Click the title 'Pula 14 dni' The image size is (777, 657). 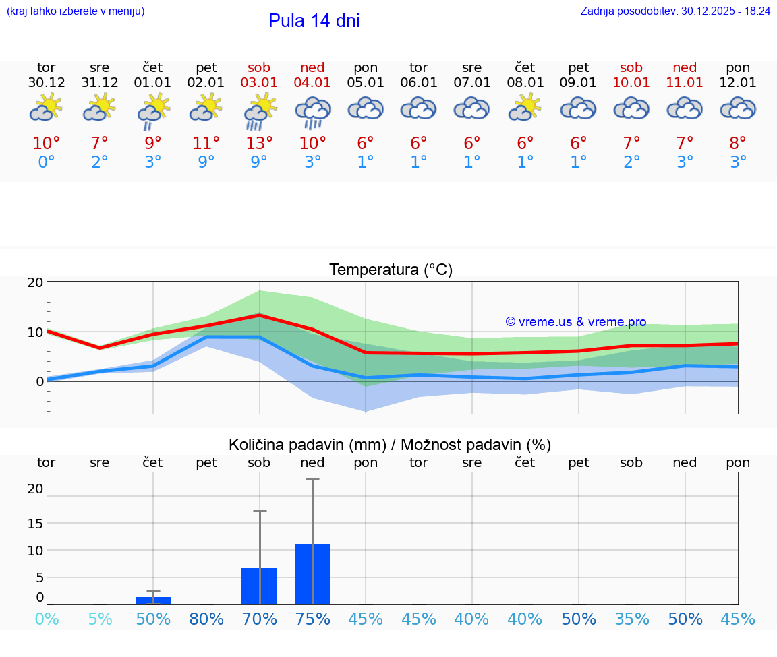(x=314, y=21)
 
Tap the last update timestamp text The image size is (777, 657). (x=675, y=11)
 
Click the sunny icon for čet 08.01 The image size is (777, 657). (x=525, y=108)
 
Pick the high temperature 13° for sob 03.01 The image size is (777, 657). (x=260, y=144)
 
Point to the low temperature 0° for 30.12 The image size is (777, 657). (x=47, y=162)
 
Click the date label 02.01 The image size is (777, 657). (x=206, y=83)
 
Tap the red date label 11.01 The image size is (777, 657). (x=685, y=83)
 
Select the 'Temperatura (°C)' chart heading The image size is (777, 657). (x=391, y=270)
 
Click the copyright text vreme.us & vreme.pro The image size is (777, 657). (x=575, y=322)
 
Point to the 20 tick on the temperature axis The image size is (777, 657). (x=35, y=283)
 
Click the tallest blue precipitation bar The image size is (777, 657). (x=312, y=574)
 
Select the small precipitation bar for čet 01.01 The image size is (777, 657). (x=153, y=600)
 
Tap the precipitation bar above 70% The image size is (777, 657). (x=260, y=586)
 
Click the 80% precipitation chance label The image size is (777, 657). (x=206, y=619)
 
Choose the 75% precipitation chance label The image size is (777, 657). (x=312, y=619)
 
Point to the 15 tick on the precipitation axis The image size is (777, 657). (x=35, y=524)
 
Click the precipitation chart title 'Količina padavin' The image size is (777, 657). (x=307, y=445)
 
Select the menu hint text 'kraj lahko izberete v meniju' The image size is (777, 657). (x=76, y=11)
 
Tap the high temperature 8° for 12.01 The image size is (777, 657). (x=738, y=144)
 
